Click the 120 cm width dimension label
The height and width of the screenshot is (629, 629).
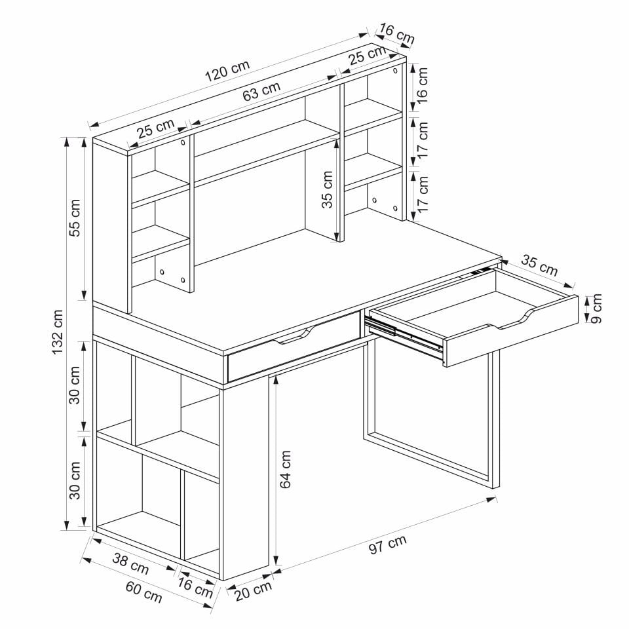[x=227, y=71]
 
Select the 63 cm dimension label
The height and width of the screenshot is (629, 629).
[x=261, y=92]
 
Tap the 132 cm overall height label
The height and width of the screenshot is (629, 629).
[x=58, y=332]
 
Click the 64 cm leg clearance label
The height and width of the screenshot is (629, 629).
[x=285, y=469]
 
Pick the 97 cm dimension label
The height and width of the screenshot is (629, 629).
[x=387, y=544]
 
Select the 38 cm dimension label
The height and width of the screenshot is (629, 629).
[x=130, y=563]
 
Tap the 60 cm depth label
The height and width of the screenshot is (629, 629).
[x=143, y=592]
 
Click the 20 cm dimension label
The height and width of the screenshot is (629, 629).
[x=253, y=590]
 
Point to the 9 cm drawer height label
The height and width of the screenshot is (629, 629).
[x=596, y=308]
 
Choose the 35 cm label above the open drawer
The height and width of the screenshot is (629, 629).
[x=539, y=265]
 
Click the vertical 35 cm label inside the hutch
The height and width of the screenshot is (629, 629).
[x=328, y=189]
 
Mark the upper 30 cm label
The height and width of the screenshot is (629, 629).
[x=75, y=385]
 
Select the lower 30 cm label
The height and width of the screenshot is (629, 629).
[x=75, y=480]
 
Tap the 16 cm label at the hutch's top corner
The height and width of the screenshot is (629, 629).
[x=397, y=34]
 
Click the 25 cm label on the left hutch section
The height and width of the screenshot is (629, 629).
[x=156, y=128]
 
